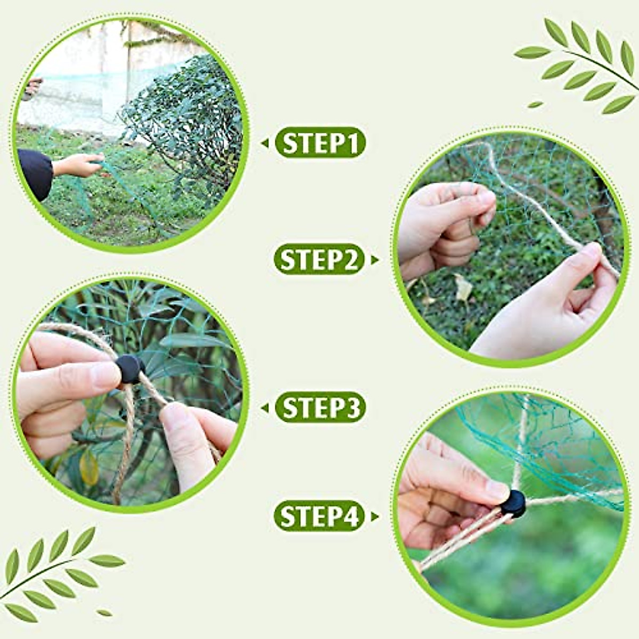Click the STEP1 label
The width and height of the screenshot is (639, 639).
[x=320, y=143]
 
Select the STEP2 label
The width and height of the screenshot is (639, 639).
[x=319, y=260]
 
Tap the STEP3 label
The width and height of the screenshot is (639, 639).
[x=320, y=408]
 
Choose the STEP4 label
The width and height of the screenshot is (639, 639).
[x=319, y=516]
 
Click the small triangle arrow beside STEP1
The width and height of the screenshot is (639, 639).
[x=265, y=143]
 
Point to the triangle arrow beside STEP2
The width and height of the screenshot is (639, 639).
[x=376, y=260]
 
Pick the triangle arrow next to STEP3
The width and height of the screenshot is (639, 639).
[x=265, y=408]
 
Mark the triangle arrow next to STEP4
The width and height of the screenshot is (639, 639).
[x=376, y=516]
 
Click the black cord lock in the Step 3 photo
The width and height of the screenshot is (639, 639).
[x=130, y=369]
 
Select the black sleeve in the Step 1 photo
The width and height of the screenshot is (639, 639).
[x=35, y=173]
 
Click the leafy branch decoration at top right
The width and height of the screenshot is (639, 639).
[x=580, y=64]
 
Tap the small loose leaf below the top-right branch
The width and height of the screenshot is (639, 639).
[x=535, y=104]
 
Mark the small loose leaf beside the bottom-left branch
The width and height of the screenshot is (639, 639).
[x=104, y=613]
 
